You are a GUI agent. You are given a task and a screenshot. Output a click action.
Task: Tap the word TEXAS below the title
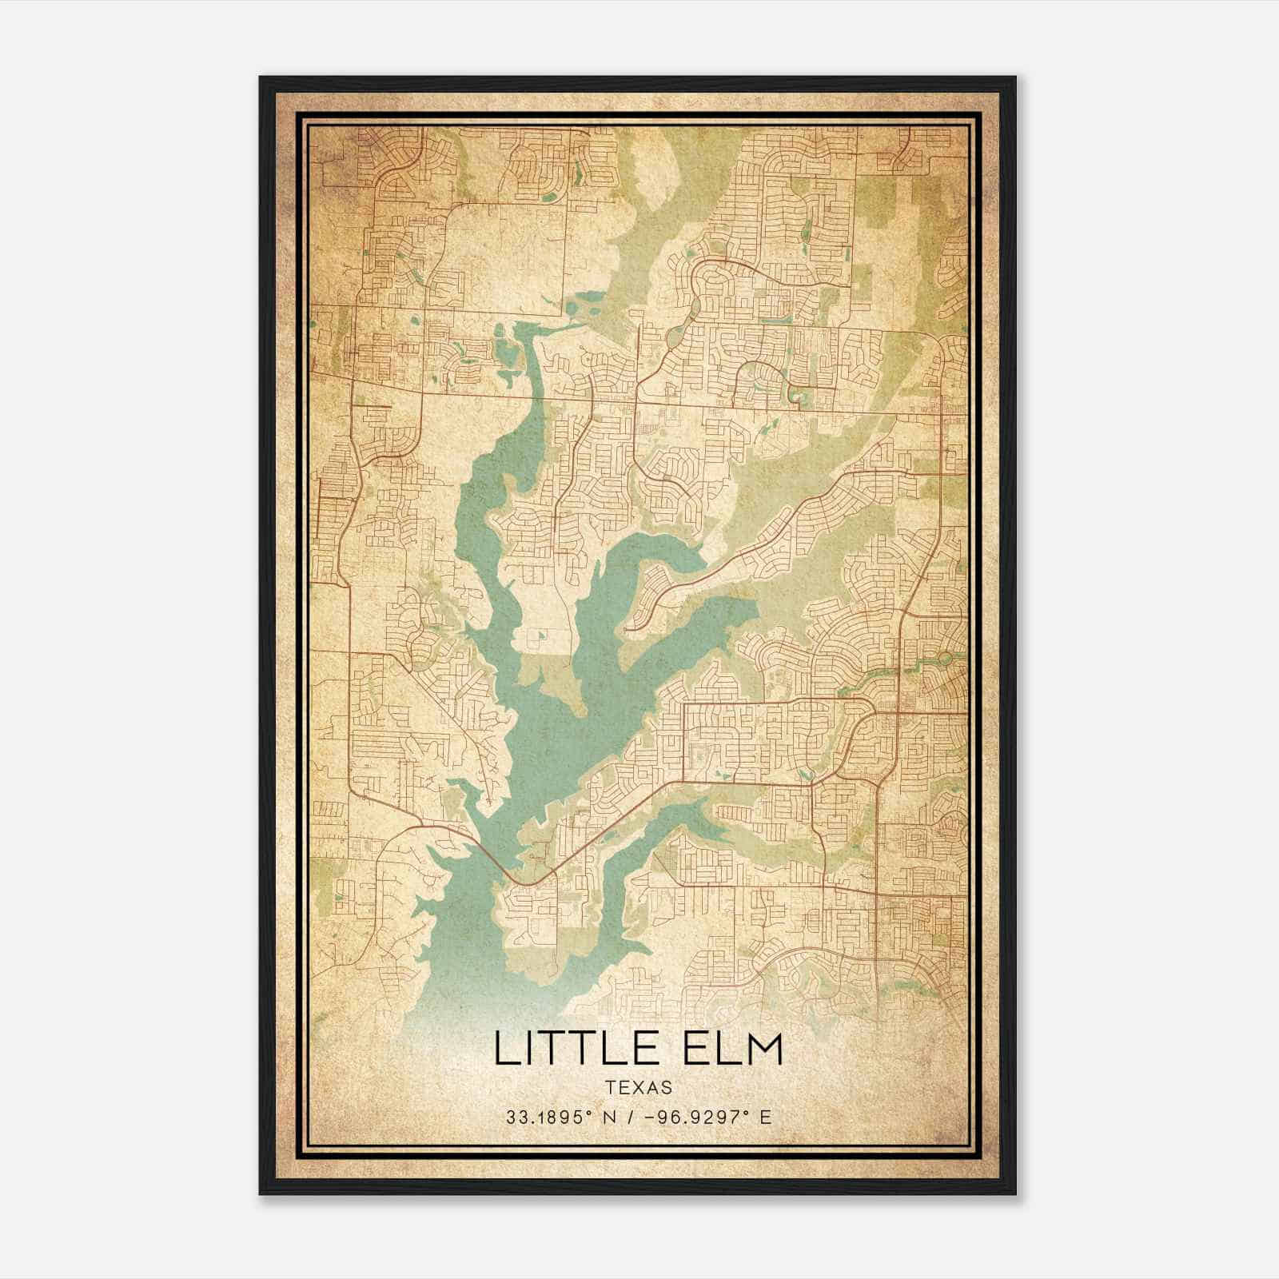click(639, 1087)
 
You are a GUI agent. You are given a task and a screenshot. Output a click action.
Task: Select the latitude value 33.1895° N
click(564, 1118)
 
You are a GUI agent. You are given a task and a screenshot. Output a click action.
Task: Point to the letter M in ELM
click(762, 1049)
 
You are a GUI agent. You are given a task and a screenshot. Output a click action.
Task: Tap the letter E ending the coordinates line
click(766, 1118)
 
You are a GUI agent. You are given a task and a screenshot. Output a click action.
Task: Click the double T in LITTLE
click(572, 1049)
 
